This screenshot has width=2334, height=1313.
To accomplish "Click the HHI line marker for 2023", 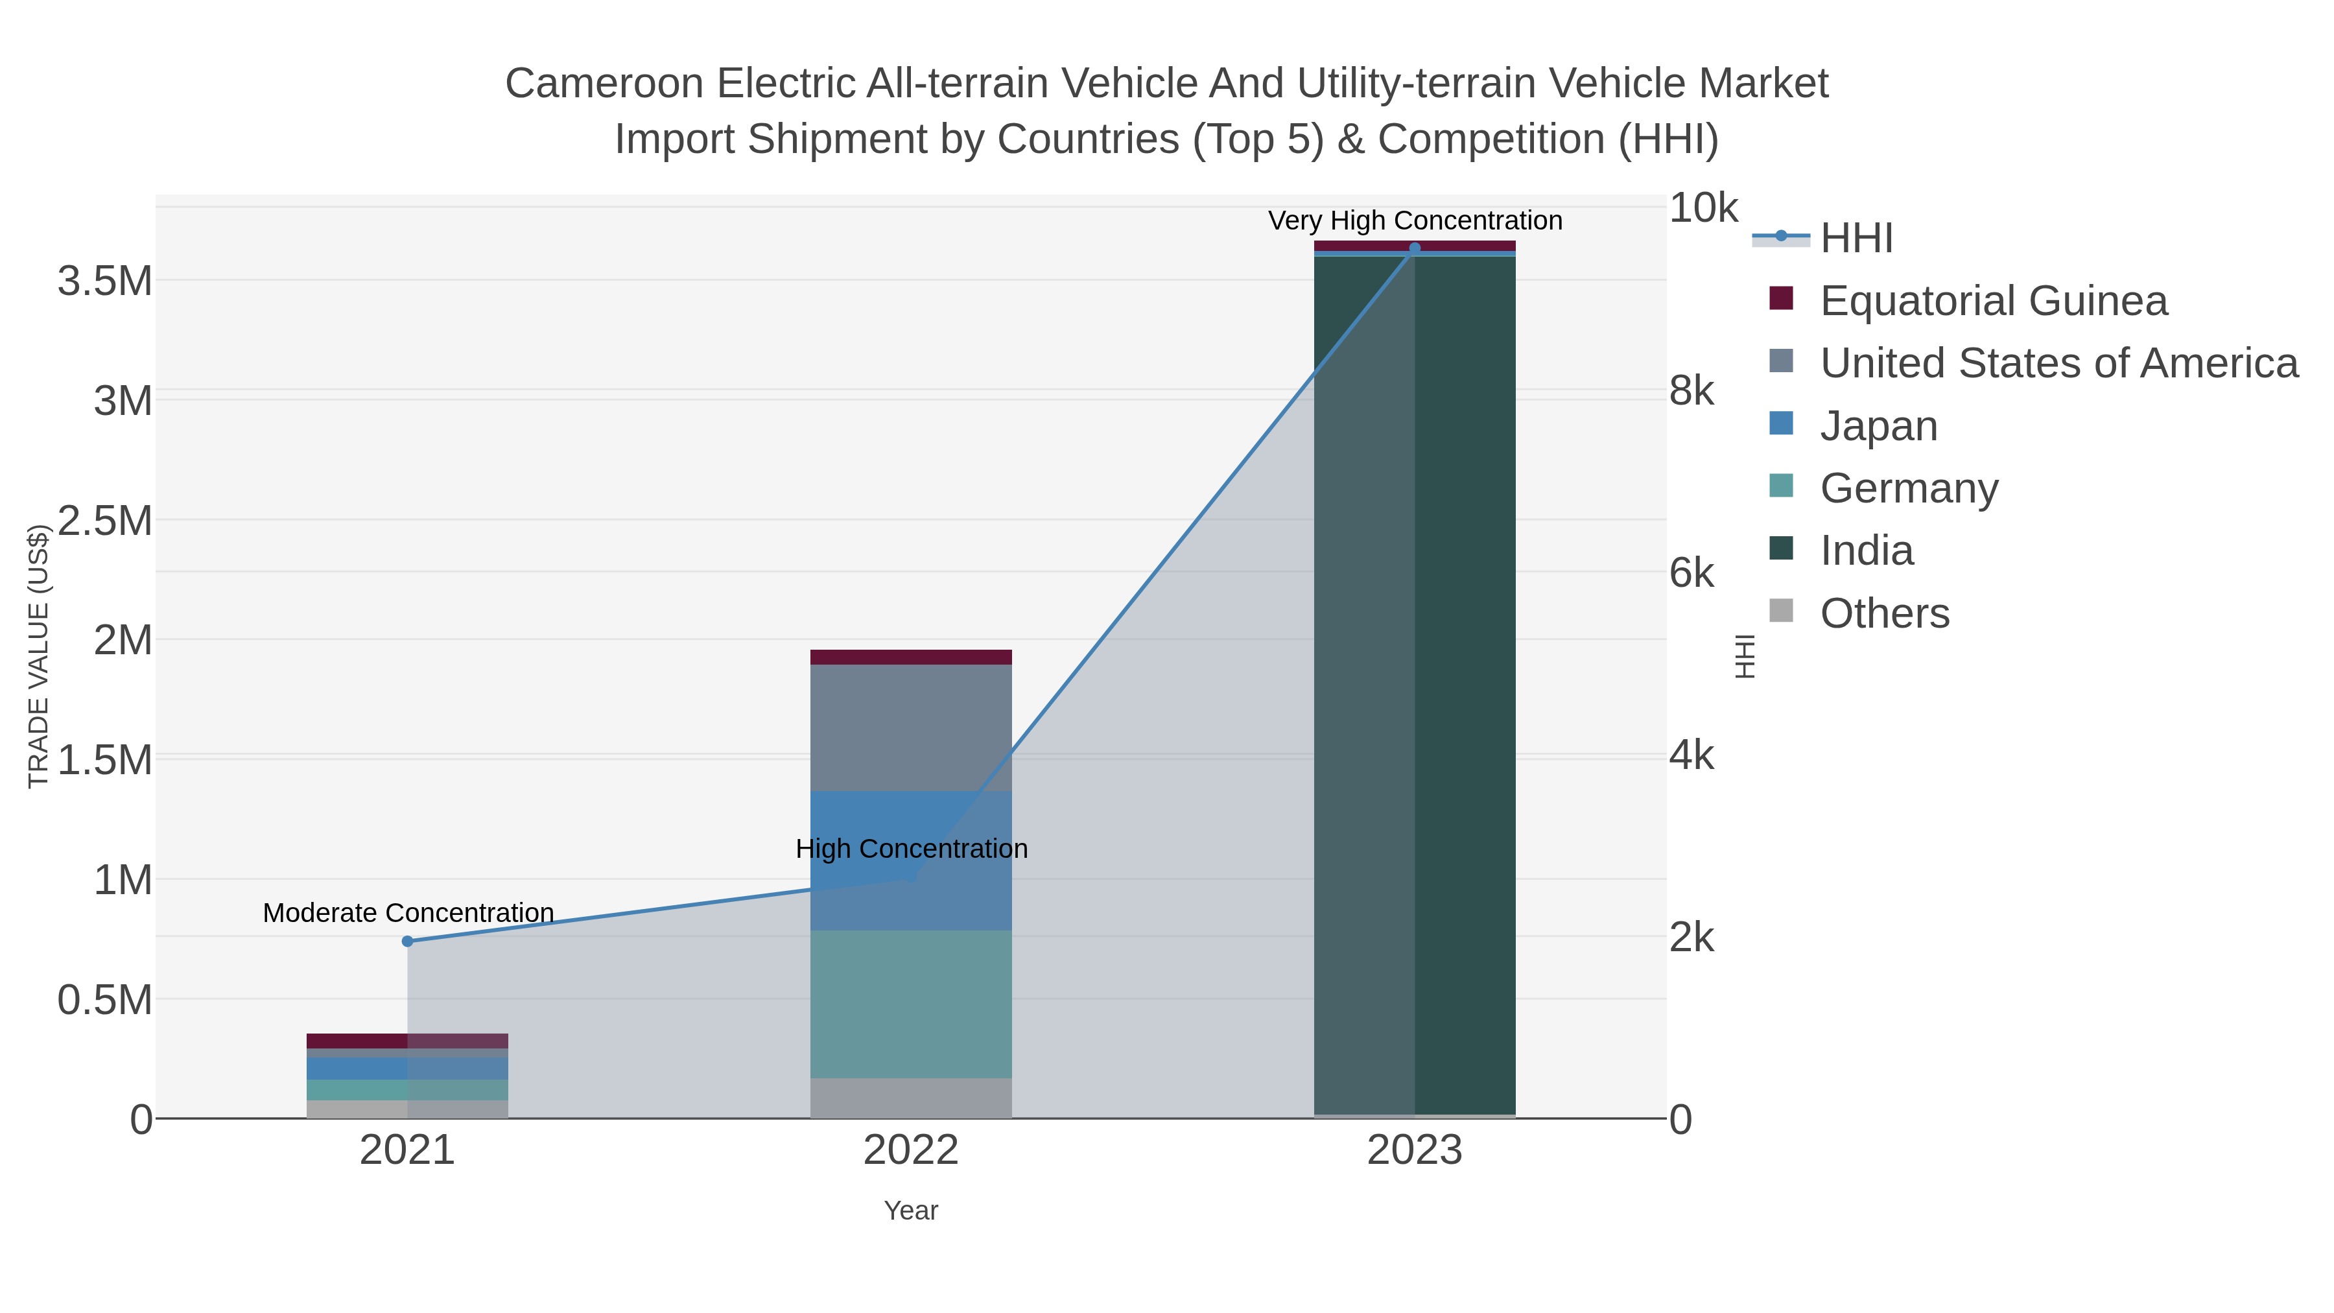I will tap(1415, 248).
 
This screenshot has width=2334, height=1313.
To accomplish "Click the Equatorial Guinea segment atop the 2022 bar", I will tap(911, 657).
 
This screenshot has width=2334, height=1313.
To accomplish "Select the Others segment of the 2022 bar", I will tap(911, 1098).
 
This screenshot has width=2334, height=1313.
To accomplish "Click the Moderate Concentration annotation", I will tap(408, 912).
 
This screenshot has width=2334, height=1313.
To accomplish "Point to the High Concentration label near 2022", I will tap(911, 849).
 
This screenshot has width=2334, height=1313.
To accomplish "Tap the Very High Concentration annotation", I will tap(1415, 220).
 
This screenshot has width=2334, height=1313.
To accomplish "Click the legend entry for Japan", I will tap(1878, 426).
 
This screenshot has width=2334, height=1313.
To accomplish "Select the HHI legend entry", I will tap(1856, 239).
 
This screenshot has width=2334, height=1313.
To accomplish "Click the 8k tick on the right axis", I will tap(1692, 392).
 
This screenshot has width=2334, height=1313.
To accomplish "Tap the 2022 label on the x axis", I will tap(911, 1151).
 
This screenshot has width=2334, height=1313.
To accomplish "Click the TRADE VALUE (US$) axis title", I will tap(38, 656).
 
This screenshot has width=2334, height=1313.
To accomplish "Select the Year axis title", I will tap(911, 1211).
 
